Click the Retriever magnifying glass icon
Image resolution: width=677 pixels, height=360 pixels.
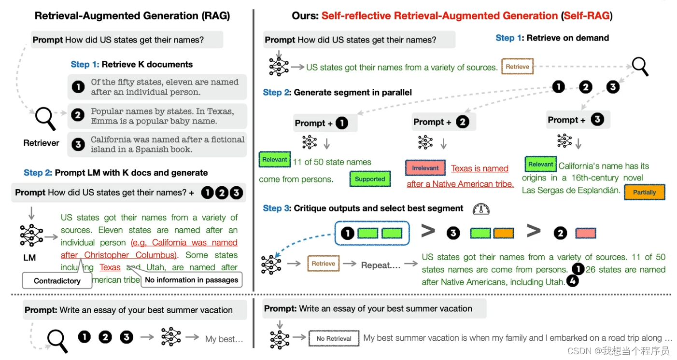pyautogui.click(x=46, y=118)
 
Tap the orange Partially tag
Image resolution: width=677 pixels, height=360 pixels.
pyautogui.click(x=644, y=192)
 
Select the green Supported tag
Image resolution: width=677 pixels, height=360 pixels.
pyautogui.click(x=370, y=179)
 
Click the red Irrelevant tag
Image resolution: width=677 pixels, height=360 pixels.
pyautogui.click(x=425, y=168)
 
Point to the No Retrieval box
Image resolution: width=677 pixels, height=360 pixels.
pyautogui.click(x=334, y=338)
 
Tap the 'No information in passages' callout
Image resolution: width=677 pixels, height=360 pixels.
pyautogui.click(x=191, y=280)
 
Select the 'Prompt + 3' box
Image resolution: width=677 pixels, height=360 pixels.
pyautogui.click(x=578, y=120)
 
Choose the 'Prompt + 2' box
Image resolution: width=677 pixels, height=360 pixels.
pyautogui.click(x=444, y=122)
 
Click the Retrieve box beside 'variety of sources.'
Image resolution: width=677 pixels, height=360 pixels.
pyautogui.click(x=517, y=67)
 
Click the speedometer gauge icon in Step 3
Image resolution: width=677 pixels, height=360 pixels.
pyautogui.click(x=481, y=208)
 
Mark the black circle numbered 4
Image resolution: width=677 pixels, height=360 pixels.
pyautogui.click(x=572, y=281)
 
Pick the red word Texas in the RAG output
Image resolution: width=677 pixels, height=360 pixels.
pyautogui.click(x=110, y=267)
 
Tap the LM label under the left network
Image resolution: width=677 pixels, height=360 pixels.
pyautogui.click(x=29, y=258)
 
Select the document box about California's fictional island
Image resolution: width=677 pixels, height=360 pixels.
pyautogui.click(x=157, y=144)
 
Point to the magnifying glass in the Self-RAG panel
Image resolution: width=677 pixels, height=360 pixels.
pyautogui.click(x=640, y=66)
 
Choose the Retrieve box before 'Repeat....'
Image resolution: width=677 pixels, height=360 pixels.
pyautogui.click(x=323, y=263)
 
